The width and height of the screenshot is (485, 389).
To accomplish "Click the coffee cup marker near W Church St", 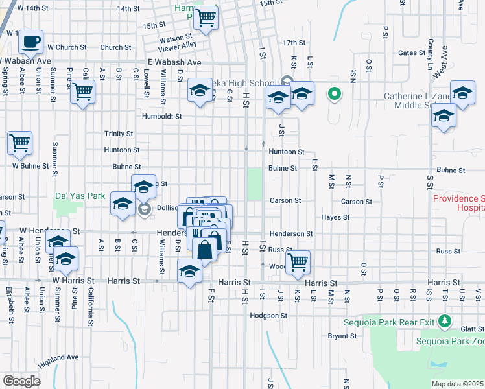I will click(x=30, y=43).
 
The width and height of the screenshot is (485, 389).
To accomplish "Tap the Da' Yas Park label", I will click(x=80, y=195).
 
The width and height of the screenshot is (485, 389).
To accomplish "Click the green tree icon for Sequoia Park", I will click(x=444, y=320).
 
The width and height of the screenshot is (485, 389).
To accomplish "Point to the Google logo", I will click(x=21, y=381).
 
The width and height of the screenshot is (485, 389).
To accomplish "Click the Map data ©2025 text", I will click(x=457, y=384).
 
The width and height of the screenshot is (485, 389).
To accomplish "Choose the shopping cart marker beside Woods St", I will click(x=298, y=262).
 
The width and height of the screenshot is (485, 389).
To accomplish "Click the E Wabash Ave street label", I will click(x=174, y=62).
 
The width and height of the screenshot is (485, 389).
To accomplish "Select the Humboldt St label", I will click(x=162, y=117).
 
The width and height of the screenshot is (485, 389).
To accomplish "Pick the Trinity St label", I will click(x=119, y=134).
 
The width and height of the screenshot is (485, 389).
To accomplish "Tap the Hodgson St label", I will click(x=268, y=316).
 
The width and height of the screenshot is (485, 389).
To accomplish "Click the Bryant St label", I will click(x=342, y=336).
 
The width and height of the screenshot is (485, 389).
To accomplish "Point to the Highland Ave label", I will click(x=57, y=357).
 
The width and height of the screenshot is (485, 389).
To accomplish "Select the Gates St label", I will click(x=410, y=53).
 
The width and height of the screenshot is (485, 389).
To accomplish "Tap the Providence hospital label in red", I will click(x=458, y=204).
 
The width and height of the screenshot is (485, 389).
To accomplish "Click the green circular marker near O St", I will click(x=335, y=95).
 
